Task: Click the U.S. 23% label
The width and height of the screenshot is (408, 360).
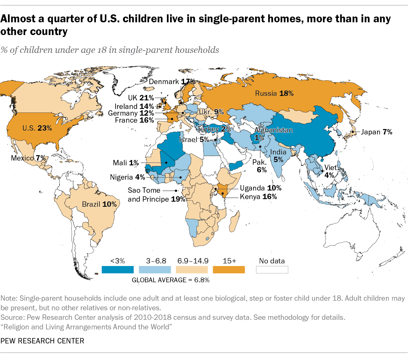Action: (37, 128)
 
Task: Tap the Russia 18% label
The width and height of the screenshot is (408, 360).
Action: (274, 93)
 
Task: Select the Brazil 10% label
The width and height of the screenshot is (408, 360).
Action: (99, 204)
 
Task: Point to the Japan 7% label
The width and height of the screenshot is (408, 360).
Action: (376, 132)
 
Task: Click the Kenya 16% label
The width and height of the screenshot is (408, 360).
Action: (258, 197)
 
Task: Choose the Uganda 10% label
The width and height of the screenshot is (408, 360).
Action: (261, 188)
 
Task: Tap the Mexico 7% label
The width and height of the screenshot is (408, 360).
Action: (28, 158)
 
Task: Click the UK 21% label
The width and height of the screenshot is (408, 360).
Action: (141, 98)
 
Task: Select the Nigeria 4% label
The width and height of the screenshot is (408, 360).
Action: (127, 177)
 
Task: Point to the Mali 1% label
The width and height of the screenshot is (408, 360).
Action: (126, 163)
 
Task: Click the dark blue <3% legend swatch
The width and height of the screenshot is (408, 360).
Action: (118, 270)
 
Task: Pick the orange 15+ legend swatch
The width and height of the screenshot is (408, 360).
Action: (229, 270)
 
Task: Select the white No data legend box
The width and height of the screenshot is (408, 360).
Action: (272, 270)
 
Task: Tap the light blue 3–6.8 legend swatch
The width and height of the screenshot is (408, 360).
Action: (155, 270)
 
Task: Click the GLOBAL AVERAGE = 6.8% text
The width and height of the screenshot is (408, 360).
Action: (171, 280)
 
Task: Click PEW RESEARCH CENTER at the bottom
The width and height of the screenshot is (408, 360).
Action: (42, 341)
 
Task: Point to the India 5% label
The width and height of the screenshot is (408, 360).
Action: (278, 156)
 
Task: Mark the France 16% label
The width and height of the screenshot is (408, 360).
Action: (134, 120)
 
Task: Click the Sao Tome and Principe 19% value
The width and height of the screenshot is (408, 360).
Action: (178, 199)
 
